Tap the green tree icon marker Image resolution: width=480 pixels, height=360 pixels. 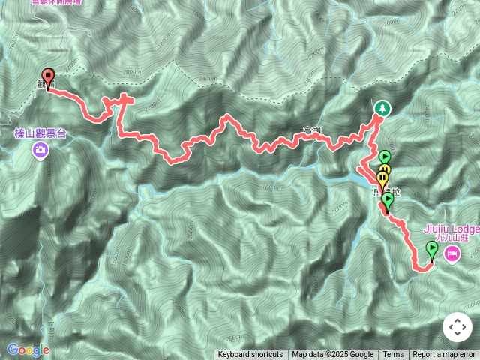pyautogui.click(x=382, y=109)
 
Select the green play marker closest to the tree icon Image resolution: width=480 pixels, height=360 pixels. pyautogui.click(x=385, y=157)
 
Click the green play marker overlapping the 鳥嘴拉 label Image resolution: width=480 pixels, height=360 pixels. pyautogui.click(x=388, y=200)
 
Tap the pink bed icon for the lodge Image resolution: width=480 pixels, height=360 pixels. pyautogui.click(x=452, y=253)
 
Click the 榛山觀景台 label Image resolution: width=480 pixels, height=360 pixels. pyautogui.click(x=40, y=133)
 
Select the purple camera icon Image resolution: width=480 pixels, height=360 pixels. pyautogui.click(x=40, y=150)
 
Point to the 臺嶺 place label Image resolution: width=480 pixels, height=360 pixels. pyautogui.click(x=312, y=132)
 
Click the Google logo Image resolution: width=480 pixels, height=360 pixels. pyautogui.click(x=28, y=349)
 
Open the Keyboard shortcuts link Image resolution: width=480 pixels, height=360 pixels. pyautogui.click(x=250, y=355)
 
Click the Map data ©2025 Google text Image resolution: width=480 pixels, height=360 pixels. pyautogui.click(x=332, y=355)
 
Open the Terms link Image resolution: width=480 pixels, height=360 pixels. pyautogui.click(x=393, y=355)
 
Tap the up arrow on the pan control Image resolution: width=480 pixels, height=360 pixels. pyautogui.click(x=457, y=319)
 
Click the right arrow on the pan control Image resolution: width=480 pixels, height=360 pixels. pyautogui.click(x=466, y=328)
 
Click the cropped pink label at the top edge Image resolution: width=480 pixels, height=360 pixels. pyautogui.click(x=67, y=2)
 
